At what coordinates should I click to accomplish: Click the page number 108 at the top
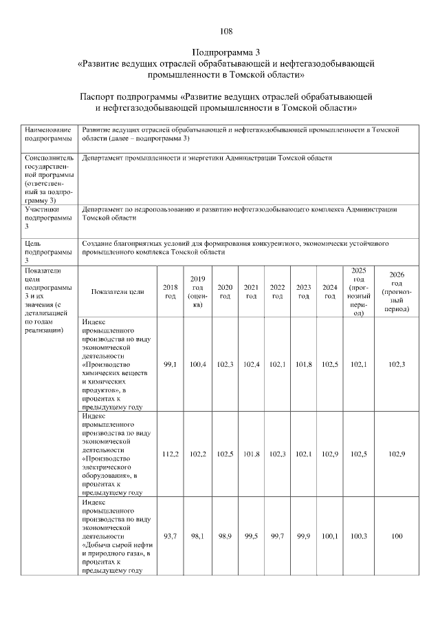click(226, 31)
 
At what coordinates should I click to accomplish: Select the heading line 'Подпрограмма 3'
click(226, 52)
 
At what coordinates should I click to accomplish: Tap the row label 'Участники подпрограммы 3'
click(47, 218)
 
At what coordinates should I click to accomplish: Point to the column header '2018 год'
click(170, 291)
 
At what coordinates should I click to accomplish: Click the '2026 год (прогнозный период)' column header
click(396, 291)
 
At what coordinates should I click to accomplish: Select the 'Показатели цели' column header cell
click(117, 291)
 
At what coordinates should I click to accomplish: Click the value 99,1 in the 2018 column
click(170, 363)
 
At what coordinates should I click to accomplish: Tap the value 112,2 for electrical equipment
click(170, 454)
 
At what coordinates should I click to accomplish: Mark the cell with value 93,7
click(170, 536)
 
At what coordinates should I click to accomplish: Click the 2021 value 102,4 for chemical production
click(251, 363)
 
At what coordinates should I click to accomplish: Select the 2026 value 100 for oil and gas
click(396, 536)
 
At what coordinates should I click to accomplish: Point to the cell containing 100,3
click(357, 536)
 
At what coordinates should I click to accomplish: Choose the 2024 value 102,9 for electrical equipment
click(329, 454)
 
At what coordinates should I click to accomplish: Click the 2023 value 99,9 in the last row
click(303, 536)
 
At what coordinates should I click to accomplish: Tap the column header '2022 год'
click(277, 291)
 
